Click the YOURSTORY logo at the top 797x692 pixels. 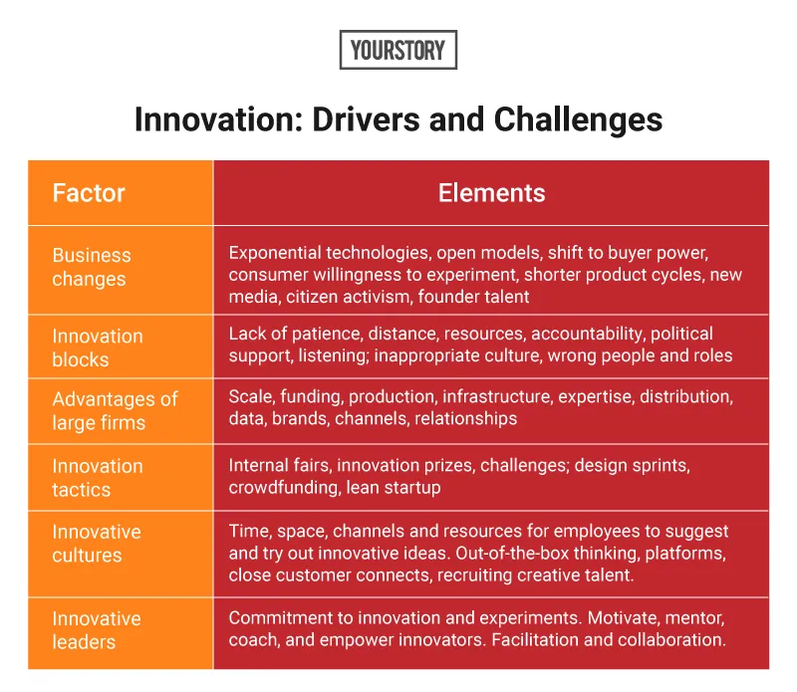pyautogui.click(x=398, y=50)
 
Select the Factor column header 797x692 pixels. pyautogui.click(x=89, y=192)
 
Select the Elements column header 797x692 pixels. pyautogui.click(x=491, y=192)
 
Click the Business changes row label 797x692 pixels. pyautogui.click(x=91, y=267)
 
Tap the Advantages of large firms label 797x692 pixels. pyautogui.click(x=115, y=411)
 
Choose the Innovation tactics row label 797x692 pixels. pyautogui.click(x=98, y=478)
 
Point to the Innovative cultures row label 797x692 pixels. pyautogui.click(x=97, y=544)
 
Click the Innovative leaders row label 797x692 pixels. pyautogui.click(x=97, y=630)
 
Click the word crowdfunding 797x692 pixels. pyautogui.click(x=282, y=488)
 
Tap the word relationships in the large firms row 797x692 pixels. pyautogui.click(x=466, y=418)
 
